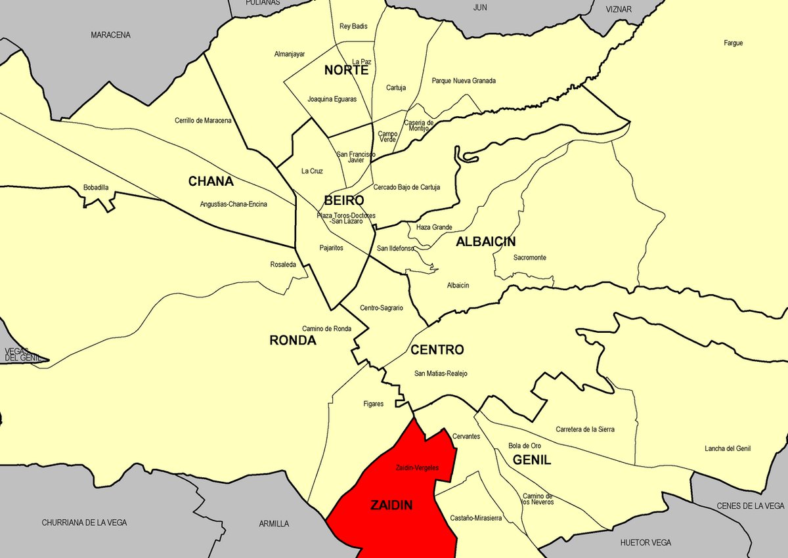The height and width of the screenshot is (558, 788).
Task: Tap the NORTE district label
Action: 346,70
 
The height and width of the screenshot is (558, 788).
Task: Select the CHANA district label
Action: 211,181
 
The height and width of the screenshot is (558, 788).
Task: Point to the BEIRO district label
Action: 343,201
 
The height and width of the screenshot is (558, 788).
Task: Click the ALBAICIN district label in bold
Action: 485,242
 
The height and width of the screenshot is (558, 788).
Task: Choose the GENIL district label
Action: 532,460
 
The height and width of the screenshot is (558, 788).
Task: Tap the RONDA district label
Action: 293,340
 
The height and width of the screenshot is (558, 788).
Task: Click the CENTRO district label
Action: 437,350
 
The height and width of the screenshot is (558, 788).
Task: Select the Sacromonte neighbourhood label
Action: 529,258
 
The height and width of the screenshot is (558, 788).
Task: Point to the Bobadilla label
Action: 96,188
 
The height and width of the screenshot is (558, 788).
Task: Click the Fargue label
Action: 733,43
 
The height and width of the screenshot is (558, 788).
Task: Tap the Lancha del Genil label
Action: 728,449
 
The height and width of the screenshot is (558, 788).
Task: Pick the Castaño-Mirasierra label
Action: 476,518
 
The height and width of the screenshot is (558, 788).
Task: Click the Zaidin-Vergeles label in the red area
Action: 417,468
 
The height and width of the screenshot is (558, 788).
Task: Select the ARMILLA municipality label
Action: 274,523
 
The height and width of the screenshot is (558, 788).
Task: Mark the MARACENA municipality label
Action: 110,35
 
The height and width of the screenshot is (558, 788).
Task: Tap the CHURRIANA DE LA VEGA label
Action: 84,523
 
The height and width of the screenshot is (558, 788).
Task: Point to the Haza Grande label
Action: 434,227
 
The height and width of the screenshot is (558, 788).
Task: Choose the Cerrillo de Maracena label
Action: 203,121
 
